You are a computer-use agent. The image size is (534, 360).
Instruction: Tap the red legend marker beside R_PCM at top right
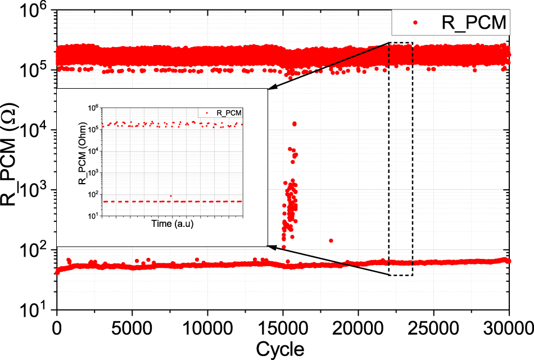415,23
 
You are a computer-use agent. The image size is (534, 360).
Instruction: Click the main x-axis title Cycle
280,349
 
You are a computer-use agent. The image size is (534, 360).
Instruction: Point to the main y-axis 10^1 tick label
33,309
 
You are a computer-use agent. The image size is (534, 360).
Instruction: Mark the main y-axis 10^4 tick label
33,130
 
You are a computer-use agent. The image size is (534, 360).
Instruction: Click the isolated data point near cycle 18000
331,240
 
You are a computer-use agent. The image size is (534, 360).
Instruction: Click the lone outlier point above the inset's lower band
171,196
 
